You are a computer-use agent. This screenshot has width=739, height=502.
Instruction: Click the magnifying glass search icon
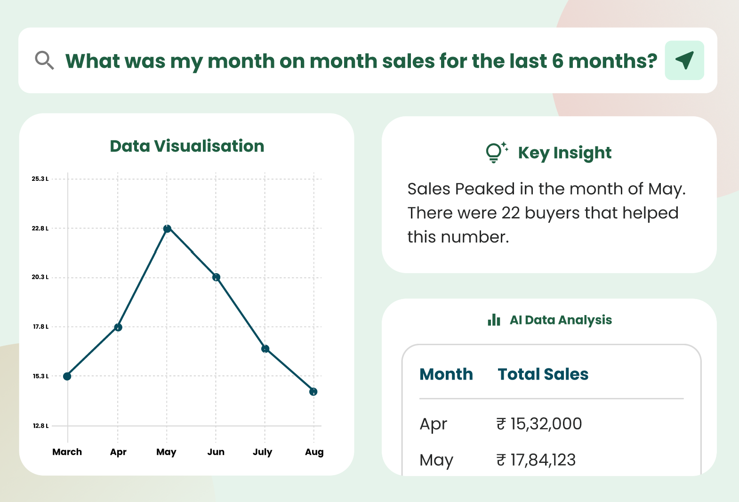pos(44,60)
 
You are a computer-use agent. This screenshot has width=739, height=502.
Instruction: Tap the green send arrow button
pos(684,60)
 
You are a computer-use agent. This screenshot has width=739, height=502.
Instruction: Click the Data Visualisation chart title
pos(187,146)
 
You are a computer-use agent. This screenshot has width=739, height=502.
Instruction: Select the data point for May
pos(167,229)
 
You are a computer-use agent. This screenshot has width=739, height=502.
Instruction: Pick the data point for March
pos(67,376)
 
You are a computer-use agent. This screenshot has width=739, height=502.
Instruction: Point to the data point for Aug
pos(313,392)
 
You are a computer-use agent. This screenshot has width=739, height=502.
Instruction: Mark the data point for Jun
pos(216,277)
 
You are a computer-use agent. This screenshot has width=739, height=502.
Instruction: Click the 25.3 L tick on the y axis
pos(40,179)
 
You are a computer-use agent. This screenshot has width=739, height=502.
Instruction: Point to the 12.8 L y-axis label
pos(40,426)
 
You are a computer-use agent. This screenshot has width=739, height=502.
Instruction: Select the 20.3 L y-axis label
pos(40,277)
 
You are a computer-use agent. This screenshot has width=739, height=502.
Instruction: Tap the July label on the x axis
pos(263,452)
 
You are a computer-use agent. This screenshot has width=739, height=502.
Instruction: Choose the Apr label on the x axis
pos(118,452)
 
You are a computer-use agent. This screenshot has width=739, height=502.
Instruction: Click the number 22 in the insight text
pos(511,213)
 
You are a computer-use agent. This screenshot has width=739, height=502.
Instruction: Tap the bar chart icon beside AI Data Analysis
pos(494,320)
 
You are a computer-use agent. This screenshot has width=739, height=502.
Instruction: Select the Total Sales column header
pos(543,374)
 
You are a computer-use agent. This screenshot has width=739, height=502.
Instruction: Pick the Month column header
pos(446,374)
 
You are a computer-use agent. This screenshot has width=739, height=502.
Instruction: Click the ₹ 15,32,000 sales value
pos(539,424)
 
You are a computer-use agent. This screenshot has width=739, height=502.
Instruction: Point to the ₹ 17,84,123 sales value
pos(536,460)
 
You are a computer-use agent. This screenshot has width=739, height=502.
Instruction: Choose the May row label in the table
pos(436,460)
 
